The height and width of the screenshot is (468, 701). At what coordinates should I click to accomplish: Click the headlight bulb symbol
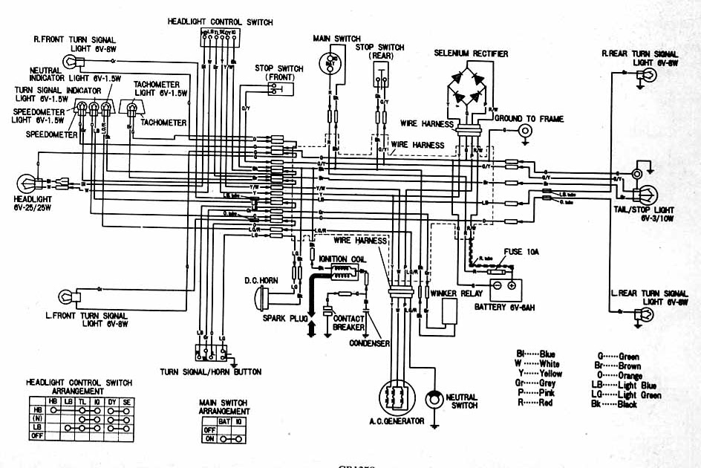click(x=27, y=182)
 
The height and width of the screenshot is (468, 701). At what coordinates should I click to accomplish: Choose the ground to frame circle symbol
click(x=526, y=131)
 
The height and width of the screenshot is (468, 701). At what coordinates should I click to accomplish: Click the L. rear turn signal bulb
click(x=644, y=315)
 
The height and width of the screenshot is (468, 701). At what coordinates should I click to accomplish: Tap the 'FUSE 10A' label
click(x=523, y=253)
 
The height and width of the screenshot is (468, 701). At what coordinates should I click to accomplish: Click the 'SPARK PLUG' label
click(x=282, y=318)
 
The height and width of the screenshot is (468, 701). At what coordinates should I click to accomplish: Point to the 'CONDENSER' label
click(x=370, y=344)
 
